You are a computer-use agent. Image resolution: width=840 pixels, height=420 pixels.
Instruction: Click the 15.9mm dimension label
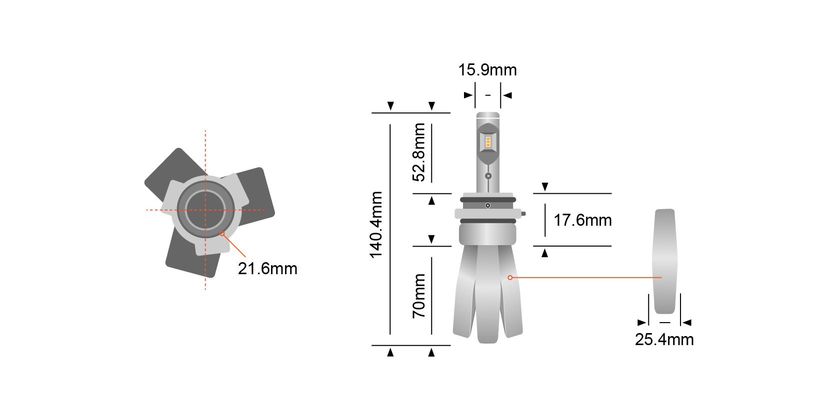487,70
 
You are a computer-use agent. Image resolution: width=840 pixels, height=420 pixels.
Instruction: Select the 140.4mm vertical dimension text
376,225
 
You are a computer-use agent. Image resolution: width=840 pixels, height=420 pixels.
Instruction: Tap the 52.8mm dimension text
419,152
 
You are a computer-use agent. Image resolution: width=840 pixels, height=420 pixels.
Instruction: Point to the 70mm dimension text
419,296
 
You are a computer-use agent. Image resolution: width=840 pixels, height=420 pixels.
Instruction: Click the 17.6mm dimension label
582,220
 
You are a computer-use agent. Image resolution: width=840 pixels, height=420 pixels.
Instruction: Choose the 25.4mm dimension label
664,340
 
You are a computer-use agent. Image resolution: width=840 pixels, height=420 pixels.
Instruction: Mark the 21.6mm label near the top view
267,269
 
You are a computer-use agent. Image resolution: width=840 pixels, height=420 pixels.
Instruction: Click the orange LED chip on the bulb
488,141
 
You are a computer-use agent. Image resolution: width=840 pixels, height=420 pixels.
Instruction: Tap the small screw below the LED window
488,176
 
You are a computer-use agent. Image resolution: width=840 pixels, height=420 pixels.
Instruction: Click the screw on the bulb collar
488,205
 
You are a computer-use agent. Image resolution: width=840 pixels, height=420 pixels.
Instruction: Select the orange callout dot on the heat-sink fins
510,277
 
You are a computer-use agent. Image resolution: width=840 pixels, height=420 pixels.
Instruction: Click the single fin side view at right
664,260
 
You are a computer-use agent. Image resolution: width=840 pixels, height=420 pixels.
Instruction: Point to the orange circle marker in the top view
222,233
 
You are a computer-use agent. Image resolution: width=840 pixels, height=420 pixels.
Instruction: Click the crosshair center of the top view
205,210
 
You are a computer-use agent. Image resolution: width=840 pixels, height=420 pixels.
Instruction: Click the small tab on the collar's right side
523,214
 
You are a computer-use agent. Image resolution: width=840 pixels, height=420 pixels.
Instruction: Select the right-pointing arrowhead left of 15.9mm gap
468,95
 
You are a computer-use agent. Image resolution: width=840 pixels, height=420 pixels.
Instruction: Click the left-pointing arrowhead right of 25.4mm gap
687,323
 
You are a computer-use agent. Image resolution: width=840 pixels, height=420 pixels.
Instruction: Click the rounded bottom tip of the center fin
487,339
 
